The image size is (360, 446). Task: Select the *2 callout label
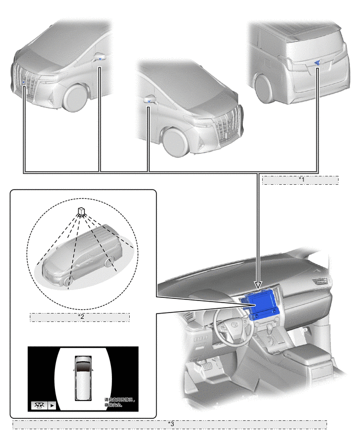pos(80,317)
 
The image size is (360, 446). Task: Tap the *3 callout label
pos(170,424)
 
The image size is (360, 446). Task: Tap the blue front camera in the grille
pos(24,82)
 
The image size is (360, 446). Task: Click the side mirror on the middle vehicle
pos(149,99)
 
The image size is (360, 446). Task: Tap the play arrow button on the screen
pos(52,405)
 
